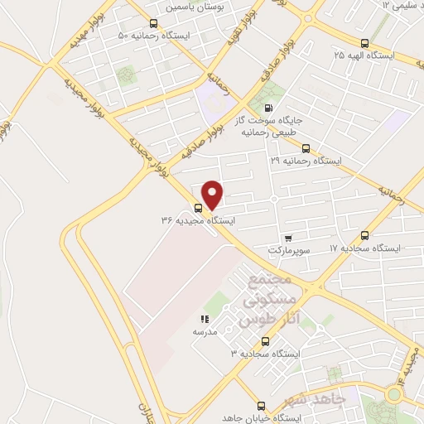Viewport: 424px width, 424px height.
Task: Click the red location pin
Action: (x=213, y=195)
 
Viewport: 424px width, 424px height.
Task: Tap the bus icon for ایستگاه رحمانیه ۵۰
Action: (x=153, y=23)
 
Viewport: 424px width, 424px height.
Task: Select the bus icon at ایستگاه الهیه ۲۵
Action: (x=364, y=43)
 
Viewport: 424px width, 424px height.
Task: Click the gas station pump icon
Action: (x=267, y=108)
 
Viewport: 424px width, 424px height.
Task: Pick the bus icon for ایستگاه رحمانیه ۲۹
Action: (x=306, y=148)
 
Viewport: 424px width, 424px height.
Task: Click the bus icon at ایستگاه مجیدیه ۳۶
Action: (x=198, y=208)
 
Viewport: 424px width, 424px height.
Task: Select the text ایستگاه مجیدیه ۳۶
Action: (x=198, y=220)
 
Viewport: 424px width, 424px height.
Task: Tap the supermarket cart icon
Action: (x=287, y=237)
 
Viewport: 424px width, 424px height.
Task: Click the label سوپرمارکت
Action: (x=288, y=248)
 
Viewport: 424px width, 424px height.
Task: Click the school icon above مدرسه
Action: (x=205, y=319)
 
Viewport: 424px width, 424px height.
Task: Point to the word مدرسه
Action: (x=205, y=330)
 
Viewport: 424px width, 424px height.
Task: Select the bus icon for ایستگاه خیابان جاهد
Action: (x=262, y=406)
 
